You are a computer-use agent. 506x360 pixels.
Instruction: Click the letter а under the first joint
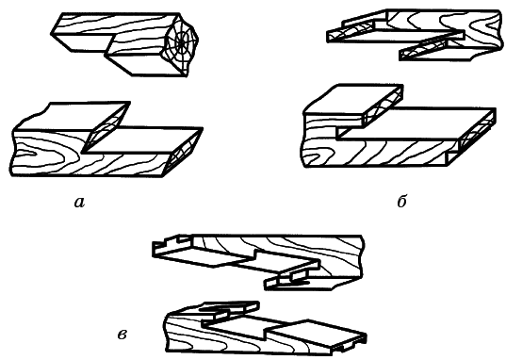[x=79, y=203]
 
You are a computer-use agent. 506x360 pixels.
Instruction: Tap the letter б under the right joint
[x=401, y=201]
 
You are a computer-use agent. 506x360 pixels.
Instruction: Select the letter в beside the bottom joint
[x=122, y=335]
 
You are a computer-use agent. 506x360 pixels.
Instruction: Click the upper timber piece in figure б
[x=416, y=34]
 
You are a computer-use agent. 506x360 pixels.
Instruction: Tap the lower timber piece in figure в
[x=266, y=328]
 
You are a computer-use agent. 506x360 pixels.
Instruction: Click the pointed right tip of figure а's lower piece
[x=203, y=128]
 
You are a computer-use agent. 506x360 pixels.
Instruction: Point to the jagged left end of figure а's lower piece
[x=13, y=154]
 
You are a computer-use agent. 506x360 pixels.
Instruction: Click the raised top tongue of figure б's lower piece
[x=353, y=105]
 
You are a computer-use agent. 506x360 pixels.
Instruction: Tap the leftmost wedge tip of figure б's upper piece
[x=329, y=37]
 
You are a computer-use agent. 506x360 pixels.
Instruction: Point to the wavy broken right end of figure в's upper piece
[x=362, y=256]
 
